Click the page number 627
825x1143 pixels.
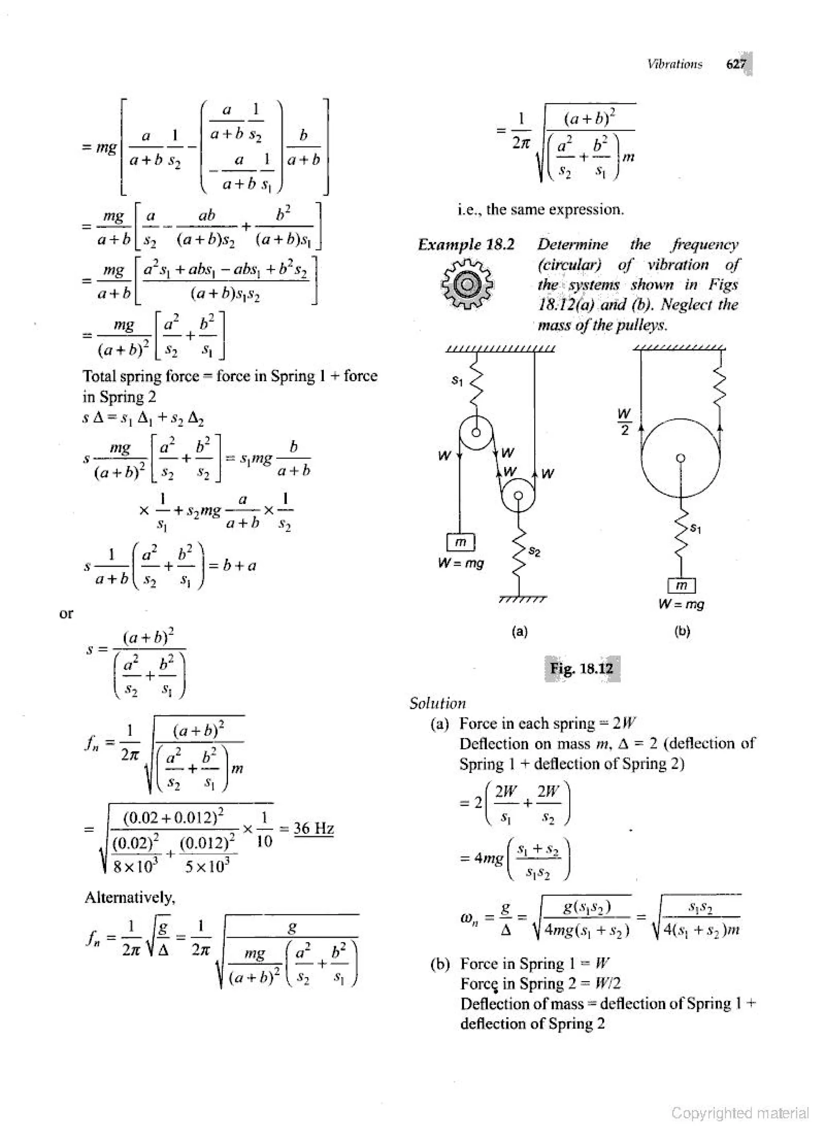pyautogui.click(x=735, y=64)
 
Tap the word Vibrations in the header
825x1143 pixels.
pyautogui.click(x=675, y=64)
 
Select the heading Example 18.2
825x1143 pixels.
pyautogui.click(x=466, y=245)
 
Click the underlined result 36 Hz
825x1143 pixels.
pyautogui.click(x=314, y=829)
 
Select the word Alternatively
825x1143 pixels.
pyautogui.click(x=130, y=897)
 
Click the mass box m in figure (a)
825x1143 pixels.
pyautogui.click(x=460, y=542)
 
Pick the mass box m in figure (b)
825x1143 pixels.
pyautogui.click(x=681, y=586)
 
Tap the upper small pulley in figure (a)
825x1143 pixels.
pyautogui.click(x=475, y=432)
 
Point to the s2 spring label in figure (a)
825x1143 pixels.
pyautogui.click(x=535, y=553)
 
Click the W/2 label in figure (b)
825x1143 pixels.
pyautogui.click(x=624, y=422)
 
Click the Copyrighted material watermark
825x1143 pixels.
pyautogui.click(x=740, y=1113)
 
